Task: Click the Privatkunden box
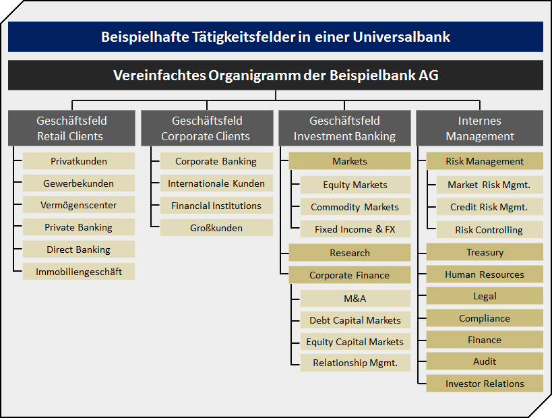[x=78, y=161]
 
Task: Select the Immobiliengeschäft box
[x=78, y=272]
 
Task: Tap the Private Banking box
[x=78, y=227]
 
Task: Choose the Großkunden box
[x=216, y=228]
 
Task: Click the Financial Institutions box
[x=216, y=206]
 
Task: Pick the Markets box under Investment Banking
[x=350, y=161]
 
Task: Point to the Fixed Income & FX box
[x=355, y=229]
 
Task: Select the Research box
[x=350, y=253]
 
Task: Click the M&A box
[x=355, y=298]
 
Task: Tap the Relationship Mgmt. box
[x=355, y=363]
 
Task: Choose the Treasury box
[x=485, y=252]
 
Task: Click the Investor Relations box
[x=485, y=384]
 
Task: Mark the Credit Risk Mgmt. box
[x=490, y=207]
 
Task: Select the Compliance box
[x=485, y=318]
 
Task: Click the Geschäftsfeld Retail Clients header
[x=71, y=128]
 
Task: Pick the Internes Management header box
[x=479, y=128]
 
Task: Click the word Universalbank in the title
[x=401, y=36]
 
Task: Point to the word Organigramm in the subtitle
[x=254, y=76]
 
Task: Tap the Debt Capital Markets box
[x=355, y=320]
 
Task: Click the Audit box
[x=485, y=361]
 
